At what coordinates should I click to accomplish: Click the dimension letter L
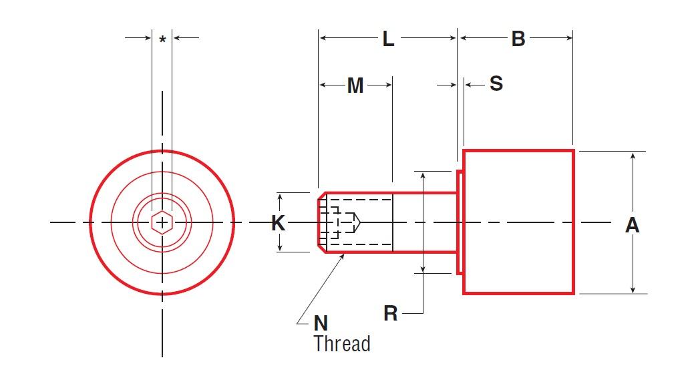tap(388, 39)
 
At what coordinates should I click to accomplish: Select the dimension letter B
tap(518, 39)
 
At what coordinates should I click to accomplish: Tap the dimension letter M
tap(355, 85)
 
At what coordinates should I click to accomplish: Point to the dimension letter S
tap(496, 83)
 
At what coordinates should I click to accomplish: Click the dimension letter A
tap(632, 226)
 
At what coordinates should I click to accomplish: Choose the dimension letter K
tap(279, 223)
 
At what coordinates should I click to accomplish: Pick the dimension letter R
tap(391, 313)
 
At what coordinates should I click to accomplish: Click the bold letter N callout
tap(321, 323)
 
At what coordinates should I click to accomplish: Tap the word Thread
tap(341, 344)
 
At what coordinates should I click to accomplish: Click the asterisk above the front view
tap(162, 40)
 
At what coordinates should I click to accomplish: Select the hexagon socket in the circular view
tap(162, 222)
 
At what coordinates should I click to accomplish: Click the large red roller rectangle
tap(518, 222)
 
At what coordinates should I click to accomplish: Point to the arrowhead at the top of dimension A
tap(633, 156)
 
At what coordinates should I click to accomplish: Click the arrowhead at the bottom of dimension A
tap(633, 289)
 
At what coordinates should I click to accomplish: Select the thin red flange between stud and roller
tap(460, 222)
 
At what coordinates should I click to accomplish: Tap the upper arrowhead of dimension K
tap(280, 196)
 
